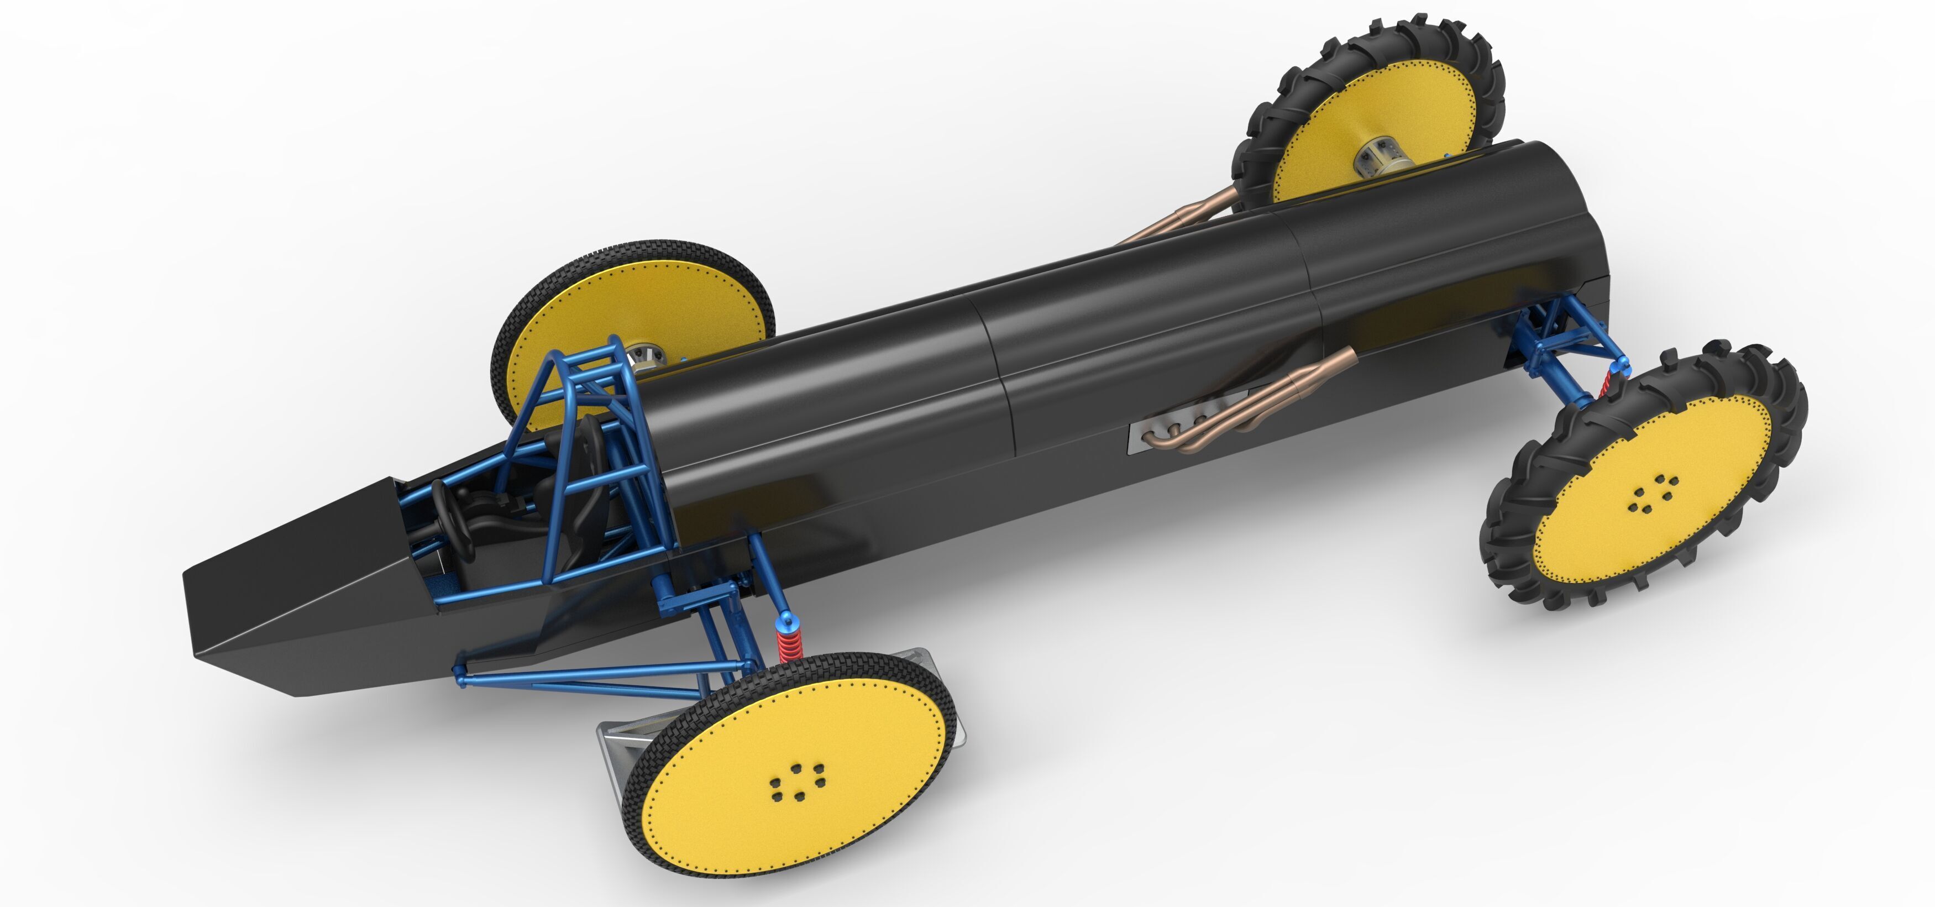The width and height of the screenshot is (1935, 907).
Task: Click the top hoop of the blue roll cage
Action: coord(594,353)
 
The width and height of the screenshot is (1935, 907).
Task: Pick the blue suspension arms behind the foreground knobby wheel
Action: coord(1562,345)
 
